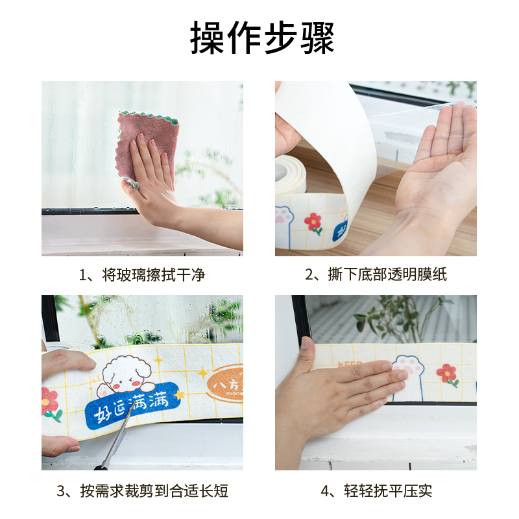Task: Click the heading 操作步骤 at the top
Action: (262, 38)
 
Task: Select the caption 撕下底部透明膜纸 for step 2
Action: (376, 274)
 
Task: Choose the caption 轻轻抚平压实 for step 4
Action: (376, 490)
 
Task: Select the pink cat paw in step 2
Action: (283, 216)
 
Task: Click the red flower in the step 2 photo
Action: (314, 223)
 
